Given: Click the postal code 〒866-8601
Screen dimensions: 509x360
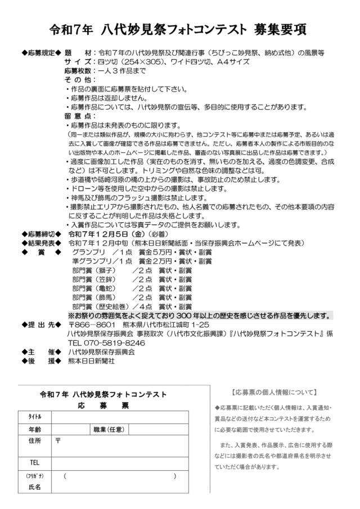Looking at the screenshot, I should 92,325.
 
